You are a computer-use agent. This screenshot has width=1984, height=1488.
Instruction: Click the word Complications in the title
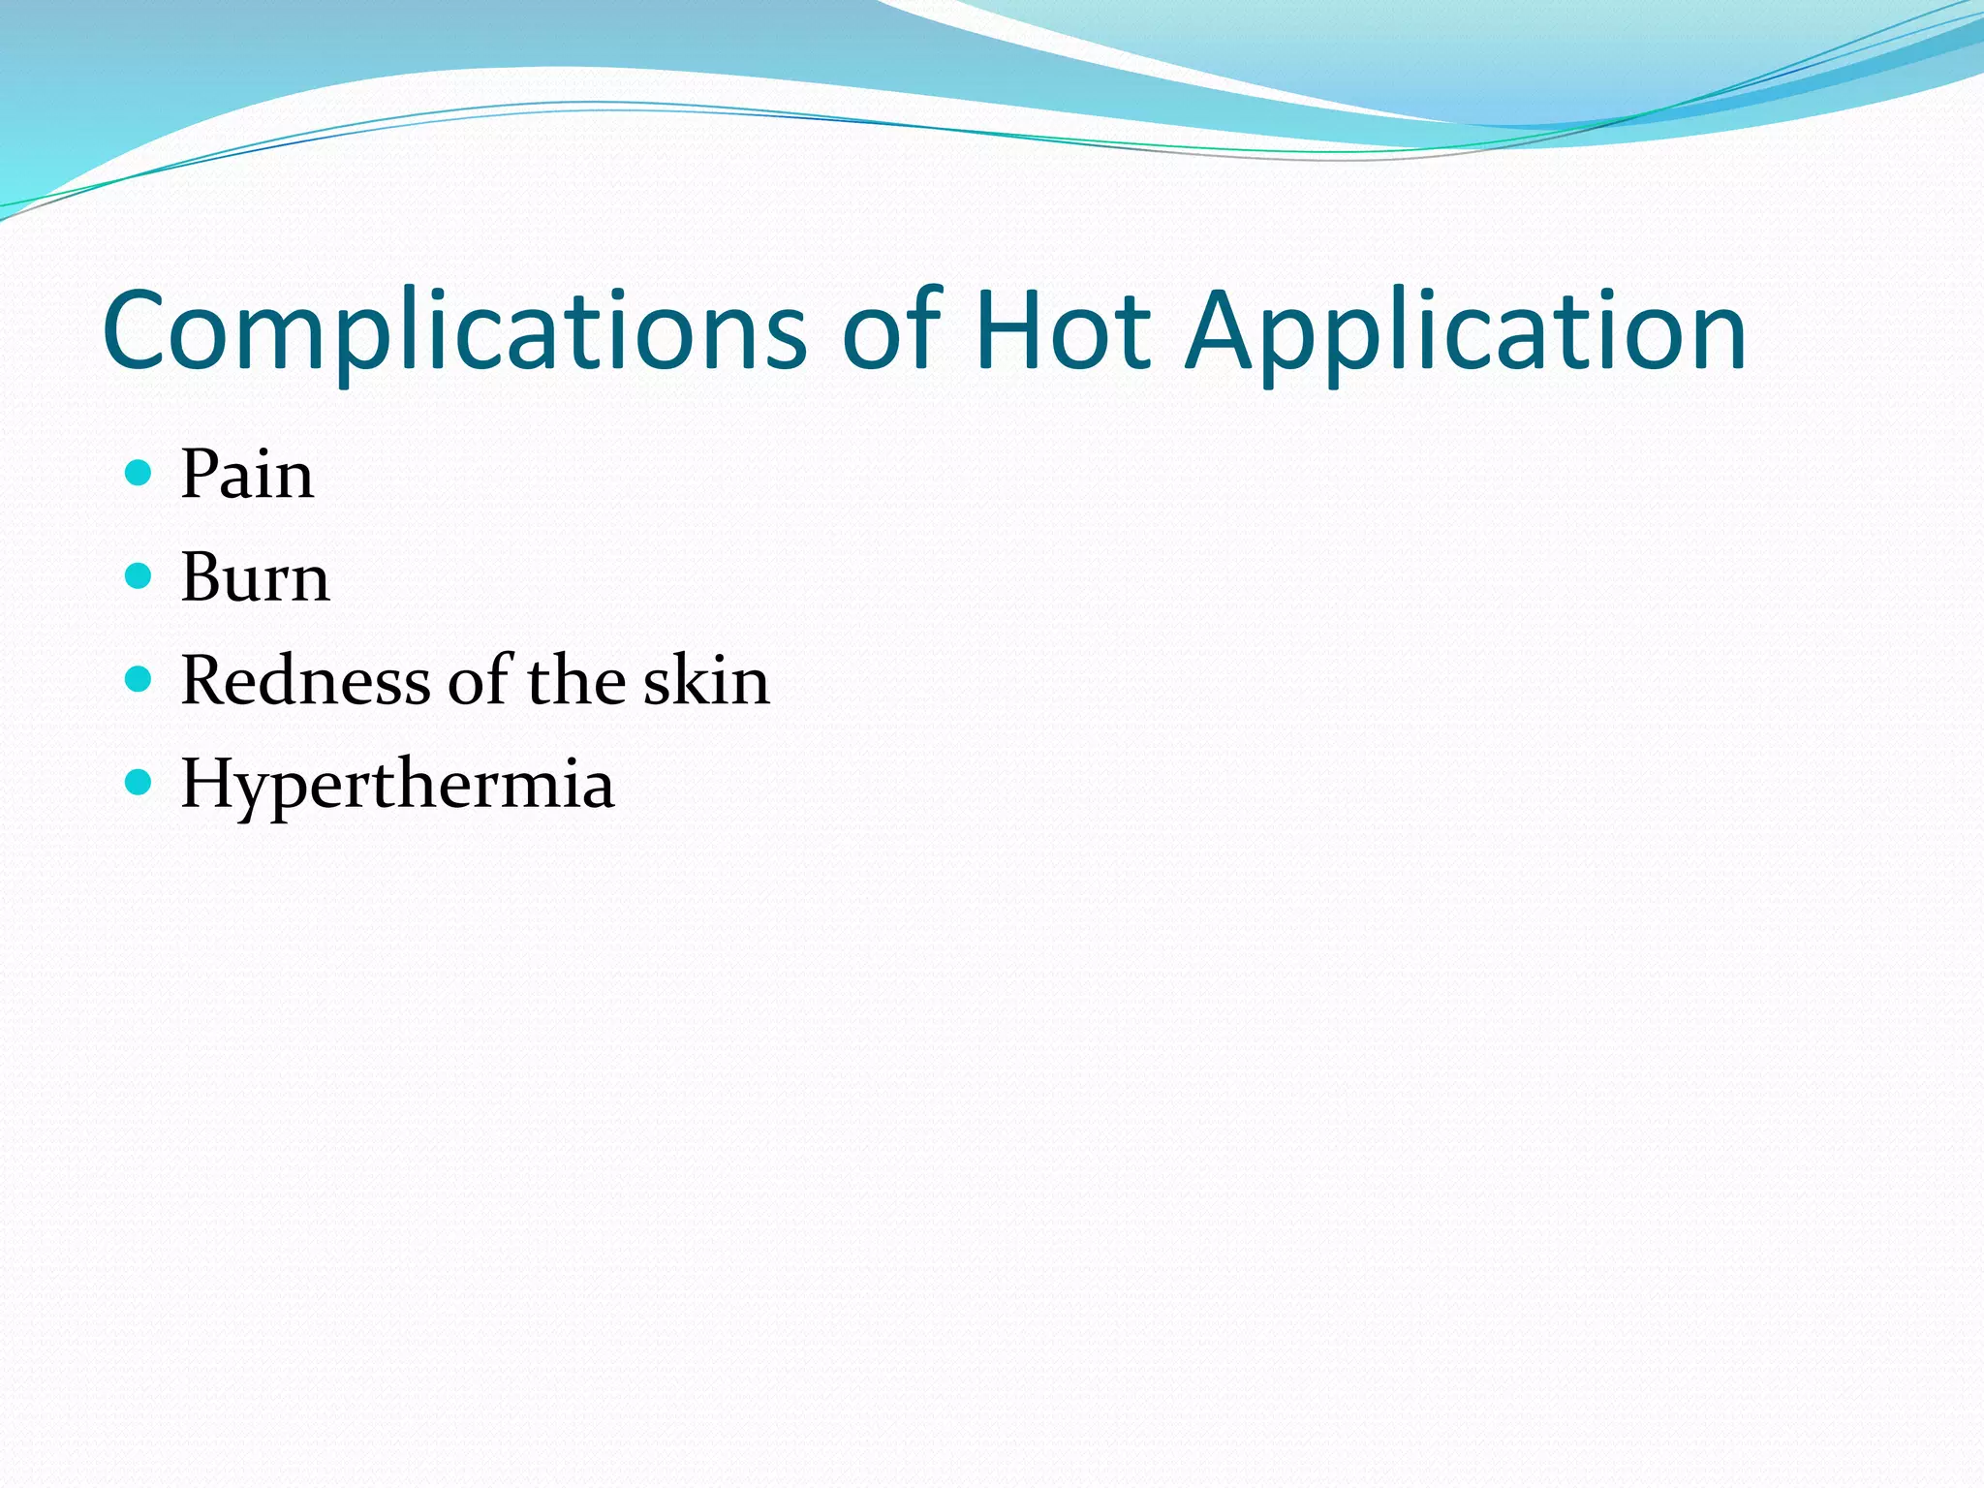click(453, 331)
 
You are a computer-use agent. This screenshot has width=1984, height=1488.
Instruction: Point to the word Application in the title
click(1465, 331)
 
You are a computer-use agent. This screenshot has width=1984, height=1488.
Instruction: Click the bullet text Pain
click(247, 475)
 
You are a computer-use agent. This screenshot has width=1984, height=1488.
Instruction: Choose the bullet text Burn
click(255, 577)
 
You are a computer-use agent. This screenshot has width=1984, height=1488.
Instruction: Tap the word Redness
click(305, 680)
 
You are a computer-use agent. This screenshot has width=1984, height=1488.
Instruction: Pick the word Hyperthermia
click(397, 785)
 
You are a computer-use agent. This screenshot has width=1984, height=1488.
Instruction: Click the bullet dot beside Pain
click(139, 474)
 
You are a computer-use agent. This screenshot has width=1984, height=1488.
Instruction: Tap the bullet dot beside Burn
click(139, 576)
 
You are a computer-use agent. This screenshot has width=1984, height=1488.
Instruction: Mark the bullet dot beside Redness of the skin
click(139, 679)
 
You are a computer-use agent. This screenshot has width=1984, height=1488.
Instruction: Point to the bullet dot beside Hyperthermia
click(139, 782)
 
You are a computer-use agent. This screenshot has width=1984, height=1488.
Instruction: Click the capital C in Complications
click(136, 331)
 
